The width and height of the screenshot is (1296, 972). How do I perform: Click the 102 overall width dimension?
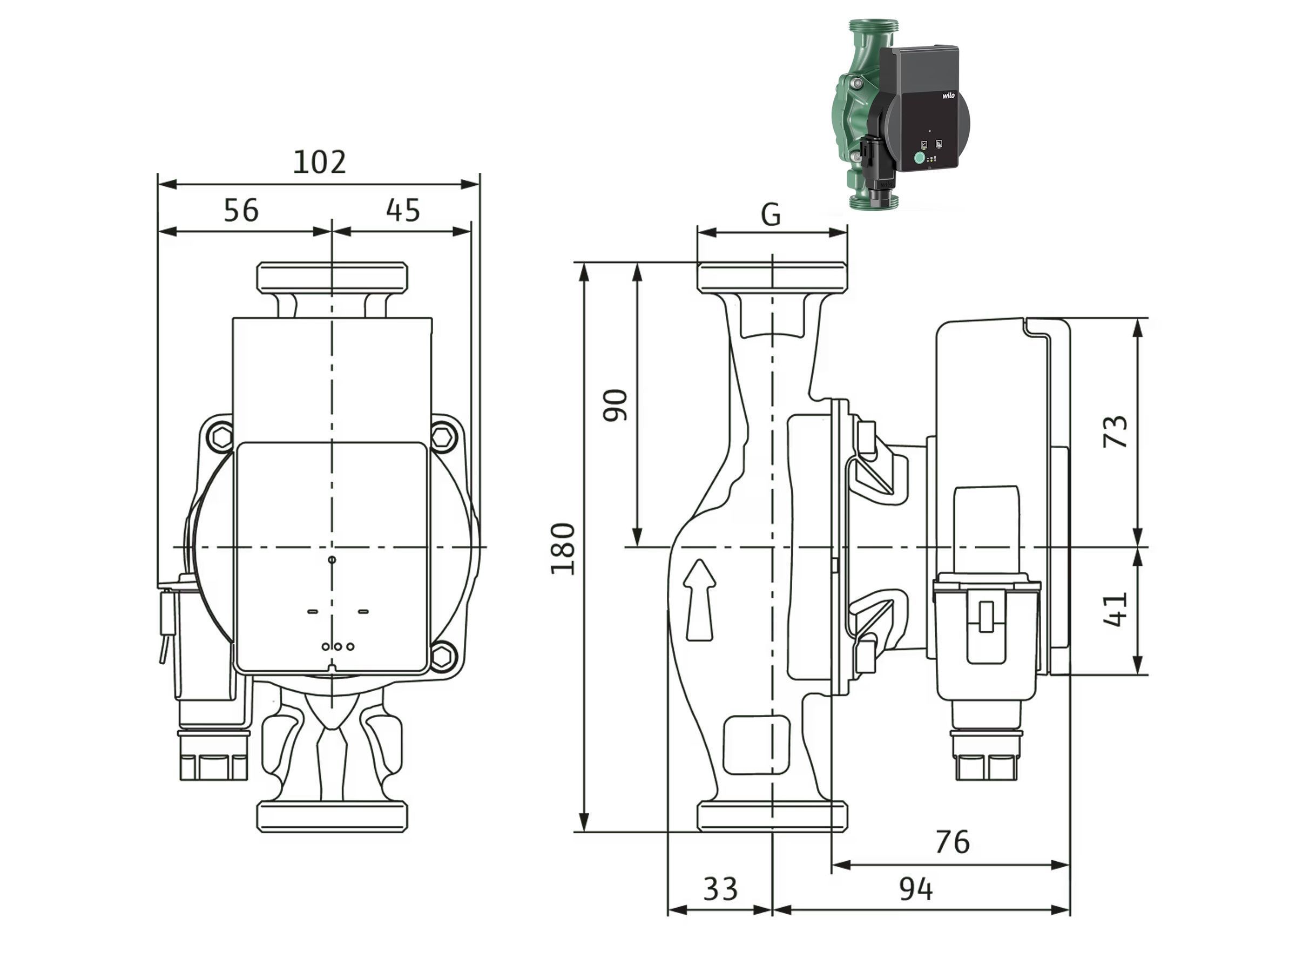pyautogui.click(x=319, y=163)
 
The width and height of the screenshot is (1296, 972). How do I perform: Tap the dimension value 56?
pyautogui.click(x=241, y=211)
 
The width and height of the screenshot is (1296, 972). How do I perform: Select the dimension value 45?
pyautogui.click(x=403, y=211)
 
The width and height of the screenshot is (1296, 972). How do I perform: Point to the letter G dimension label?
pyautogui.click(x=771, y=215)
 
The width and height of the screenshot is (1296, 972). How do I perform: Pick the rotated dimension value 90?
pyautogui.click(x=615, y=404)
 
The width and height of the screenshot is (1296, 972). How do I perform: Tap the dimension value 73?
pyautogui.click(x=1115, y=431)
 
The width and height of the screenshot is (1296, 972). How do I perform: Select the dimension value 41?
pyautogui.click(x=1115, y=609)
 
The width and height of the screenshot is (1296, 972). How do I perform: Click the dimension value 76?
pyautogui.click(x=953, y=842)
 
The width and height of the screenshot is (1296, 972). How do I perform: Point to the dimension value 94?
pyautogui.click(x=916, y=889)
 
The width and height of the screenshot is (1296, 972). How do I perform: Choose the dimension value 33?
pyautogui.click(x=720, y=889)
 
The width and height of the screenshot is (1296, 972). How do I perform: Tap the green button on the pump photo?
pyautogui.click(x=919, y=158)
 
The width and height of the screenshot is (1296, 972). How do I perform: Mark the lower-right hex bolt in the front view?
pyautogui.click(x=443, y=656)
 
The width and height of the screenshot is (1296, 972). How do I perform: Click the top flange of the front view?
pyautogui.click(x=332, y=276)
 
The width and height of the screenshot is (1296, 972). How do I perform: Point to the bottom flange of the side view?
pyautogui.click(x=772, y=816)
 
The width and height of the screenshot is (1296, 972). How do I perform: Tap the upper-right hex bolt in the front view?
pyautogui.click(x=443, y=436)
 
